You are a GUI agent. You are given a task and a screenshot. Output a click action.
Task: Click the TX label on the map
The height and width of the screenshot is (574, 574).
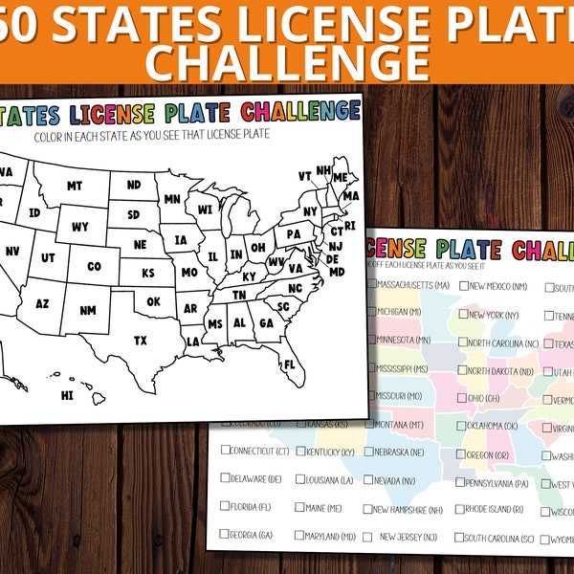click(x=141, y=340)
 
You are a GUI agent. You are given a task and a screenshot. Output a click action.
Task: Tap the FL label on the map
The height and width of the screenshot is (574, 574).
click(x=289, y=364)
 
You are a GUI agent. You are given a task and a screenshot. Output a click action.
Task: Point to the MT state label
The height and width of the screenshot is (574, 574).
click(x=75, y=186)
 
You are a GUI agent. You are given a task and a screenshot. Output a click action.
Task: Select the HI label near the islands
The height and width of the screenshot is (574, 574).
click(x=67, y=394)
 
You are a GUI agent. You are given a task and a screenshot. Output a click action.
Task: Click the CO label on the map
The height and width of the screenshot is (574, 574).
click(x=94, y=266)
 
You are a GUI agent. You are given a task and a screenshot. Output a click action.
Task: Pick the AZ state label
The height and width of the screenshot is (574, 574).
click(x=42, y=303)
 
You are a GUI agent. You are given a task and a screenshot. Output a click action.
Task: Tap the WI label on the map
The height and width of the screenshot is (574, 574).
click(x=205, y=209)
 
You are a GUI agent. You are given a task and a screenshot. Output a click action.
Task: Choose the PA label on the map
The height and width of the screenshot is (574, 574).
click(x=294, y=233)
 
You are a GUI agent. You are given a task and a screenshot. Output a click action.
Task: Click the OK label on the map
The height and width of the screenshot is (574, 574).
click(x=153, y=301)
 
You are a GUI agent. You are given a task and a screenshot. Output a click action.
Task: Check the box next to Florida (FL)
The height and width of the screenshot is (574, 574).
click(x=226, y=506)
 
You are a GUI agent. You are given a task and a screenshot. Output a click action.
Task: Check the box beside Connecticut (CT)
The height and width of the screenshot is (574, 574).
click(x=226, y=450)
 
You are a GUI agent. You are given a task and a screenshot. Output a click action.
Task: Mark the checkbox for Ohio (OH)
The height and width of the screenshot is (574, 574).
click(x=462, y=397)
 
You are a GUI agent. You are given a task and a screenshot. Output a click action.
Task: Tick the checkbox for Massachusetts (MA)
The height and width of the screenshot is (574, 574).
click(x=372, y=284)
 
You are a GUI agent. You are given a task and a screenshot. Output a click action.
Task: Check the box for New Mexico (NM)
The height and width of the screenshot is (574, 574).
click(x=462, y=286)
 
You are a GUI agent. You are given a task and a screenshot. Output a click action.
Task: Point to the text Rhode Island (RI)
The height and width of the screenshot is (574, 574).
click(x=493, y=509)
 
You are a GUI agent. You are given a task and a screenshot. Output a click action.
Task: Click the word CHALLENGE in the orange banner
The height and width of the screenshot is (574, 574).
click(x=287, y=63)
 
